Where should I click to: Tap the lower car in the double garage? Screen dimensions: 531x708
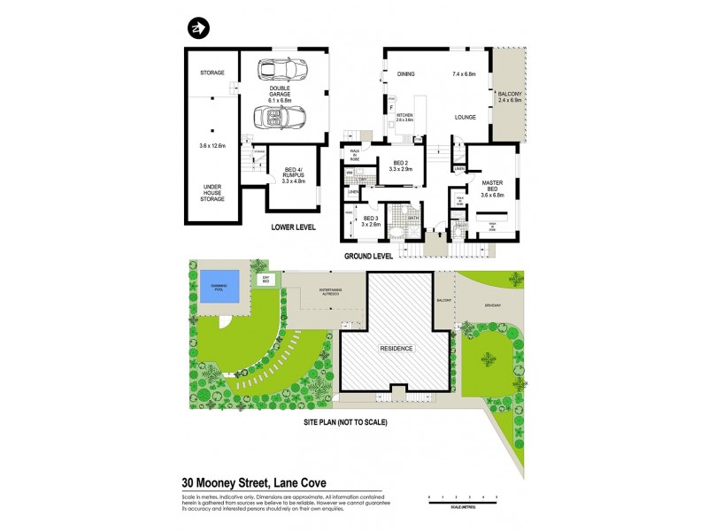click(279, 116)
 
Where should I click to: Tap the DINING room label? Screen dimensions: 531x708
click(406, 74)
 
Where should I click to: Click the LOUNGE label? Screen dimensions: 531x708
click(466, 117)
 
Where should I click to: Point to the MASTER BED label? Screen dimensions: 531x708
click(491, 185)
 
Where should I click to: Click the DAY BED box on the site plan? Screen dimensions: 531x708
click(264, 280)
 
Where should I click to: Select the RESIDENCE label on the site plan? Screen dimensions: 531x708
click(396, 349)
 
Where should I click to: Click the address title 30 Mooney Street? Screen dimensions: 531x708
click(255, 483)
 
